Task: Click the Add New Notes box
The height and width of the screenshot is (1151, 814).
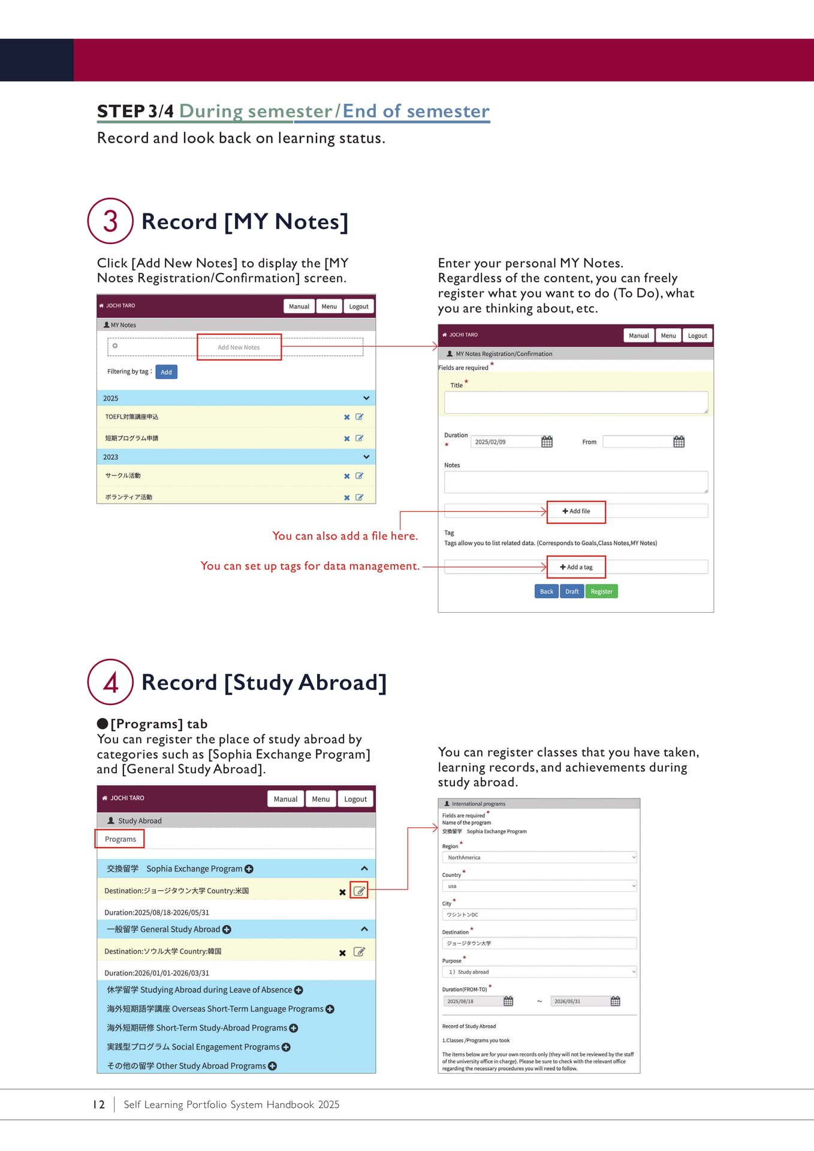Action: [239, 347]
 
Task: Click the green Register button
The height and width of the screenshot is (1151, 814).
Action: [601, 592]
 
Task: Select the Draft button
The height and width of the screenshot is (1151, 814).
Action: [572, 592]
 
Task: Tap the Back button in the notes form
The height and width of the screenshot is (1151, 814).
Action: [546, 592]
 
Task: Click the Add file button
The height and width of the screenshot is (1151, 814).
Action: [576, 511]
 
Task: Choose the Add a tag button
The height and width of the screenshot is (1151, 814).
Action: [576, 567]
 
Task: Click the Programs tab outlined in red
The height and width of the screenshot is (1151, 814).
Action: [120, 839]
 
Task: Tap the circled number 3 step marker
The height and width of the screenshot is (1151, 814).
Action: [110, 221]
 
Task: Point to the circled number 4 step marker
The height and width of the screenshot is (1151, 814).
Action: [110, 682]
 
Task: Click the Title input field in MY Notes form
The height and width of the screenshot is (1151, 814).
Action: [575, 402]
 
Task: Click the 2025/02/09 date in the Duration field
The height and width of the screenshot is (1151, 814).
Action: [490, 442]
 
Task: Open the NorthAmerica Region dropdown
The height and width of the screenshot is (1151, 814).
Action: [539, 858]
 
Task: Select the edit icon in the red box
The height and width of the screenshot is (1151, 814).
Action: [359, 891]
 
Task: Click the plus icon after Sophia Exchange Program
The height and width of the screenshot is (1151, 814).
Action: [249, 869]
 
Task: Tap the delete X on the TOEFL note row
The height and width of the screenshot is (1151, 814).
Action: [346, 417]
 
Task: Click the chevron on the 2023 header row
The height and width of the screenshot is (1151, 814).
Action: [366, 457]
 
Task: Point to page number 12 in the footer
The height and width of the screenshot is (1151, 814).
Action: [99, 1105]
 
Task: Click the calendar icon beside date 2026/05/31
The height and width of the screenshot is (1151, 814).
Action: [615, 1001]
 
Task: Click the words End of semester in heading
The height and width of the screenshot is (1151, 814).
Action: [416, 112]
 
